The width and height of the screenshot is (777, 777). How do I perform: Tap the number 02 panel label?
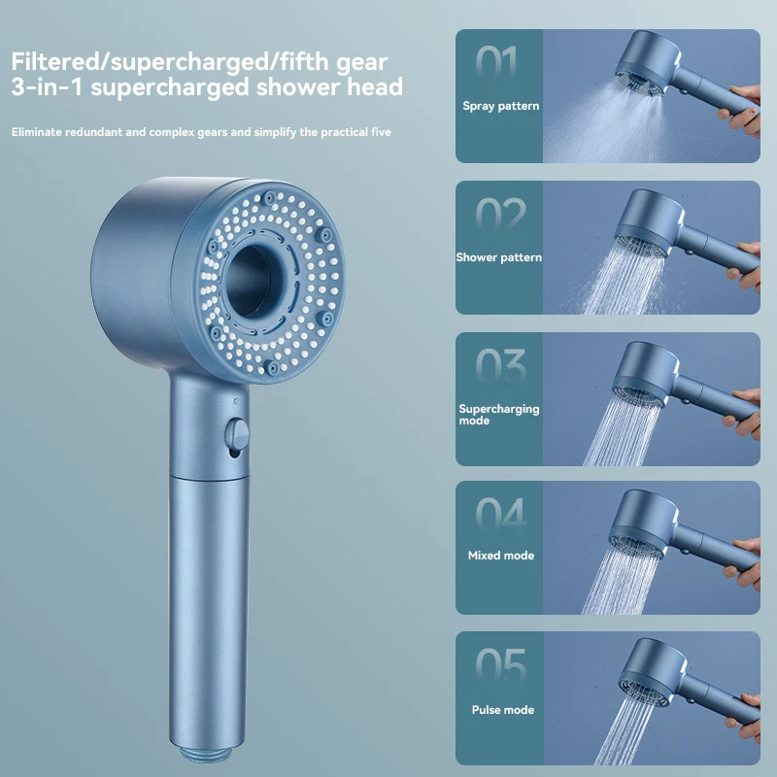click(x=500, y=215)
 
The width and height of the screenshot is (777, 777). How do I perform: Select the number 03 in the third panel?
click(x=500, y=366)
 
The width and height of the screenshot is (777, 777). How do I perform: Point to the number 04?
click(x=500, y=516)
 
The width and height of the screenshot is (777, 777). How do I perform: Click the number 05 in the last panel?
click(x=500, y=667)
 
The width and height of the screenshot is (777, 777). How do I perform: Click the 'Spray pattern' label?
click(x=500, y=105)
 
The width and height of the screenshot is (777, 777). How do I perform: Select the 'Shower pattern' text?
click(x=499, y=257)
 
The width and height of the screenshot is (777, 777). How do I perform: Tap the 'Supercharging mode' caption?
click(x=498, y=415)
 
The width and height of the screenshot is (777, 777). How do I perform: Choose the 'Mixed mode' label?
click(x=499, y=556)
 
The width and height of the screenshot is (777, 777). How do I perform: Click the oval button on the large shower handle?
click(x=233, y=434)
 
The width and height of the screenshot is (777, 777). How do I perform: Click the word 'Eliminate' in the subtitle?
click(x=40, y=131)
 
